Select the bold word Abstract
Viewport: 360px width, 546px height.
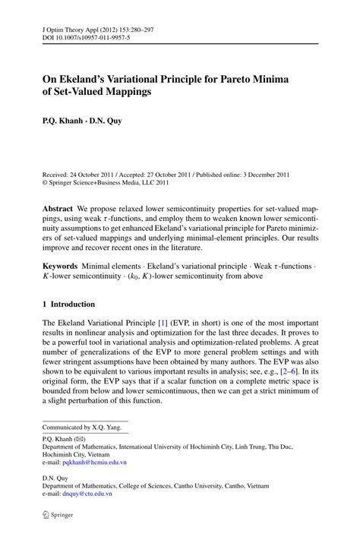(x=61, y=207)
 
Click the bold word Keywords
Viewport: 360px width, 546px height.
(x=64, y=267)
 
